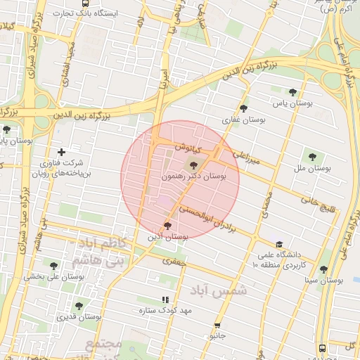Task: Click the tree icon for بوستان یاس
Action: [293, 91]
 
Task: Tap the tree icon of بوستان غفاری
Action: [243, 108]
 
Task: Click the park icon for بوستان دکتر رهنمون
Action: [193, 165]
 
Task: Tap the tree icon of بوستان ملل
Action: [312, 156]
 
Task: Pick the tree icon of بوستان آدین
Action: [167, 225]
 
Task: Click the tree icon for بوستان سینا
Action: [323, 269]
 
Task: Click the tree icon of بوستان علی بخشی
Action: [54, 265]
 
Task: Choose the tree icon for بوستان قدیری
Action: [77, 306]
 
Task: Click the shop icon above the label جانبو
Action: [217, 326]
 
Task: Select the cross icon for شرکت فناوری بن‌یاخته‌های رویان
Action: [62, 152]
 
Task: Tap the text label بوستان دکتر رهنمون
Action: [194, 179]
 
